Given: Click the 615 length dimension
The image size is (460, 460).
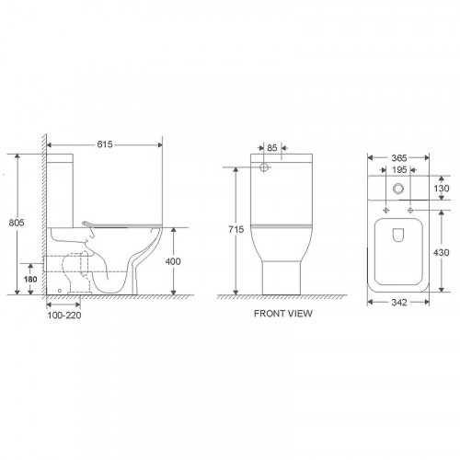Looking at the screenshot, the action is (105, 144).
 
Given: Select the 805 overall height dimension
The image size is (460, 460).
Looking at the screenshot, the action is (17, 223).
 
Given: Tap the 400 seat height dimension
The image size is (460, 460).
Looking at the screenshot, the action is (173, 261).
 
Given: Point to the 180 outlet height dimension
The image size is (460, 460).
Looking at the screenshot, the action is (30, 279).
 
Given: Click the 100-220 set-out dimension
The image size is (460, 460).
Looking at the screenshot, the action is (64, 315).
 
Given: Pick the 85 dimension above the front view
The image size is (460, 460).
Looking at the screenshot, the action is (272, 148).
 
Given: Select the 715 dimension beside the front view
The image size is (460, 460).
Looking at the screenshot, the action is (236, 229).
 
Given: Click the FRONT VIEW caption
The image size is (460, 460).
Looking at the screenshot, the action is (283, 314).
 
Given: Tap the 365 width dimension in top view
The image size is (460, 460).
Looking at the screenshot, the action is (399, 158).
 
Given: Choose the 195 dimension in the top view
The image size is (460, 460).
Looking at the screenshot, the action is (399, 169).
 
